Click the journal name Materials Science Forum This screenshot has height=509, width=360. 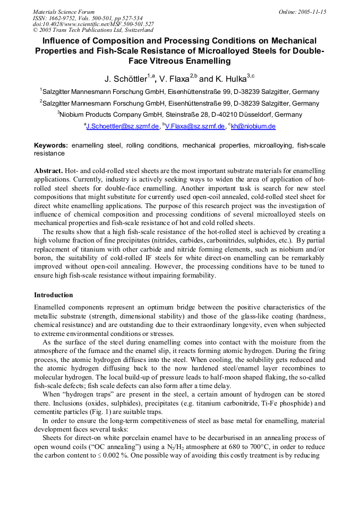[x=64, y=12]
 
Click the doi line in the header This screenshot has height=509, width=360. [x=93, y=24]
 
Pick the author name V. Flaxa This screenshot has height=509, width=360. [x=174, y=79]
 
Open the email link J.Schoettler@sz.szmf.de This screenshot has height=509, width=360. [x=122, y=126]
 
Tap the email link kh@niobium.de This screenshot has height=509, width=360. [x=253, y=126]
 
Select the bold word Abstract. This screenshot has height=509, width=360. [x=48, y=170]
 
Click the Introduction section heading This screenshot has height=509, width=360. [x=54, y=295]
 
